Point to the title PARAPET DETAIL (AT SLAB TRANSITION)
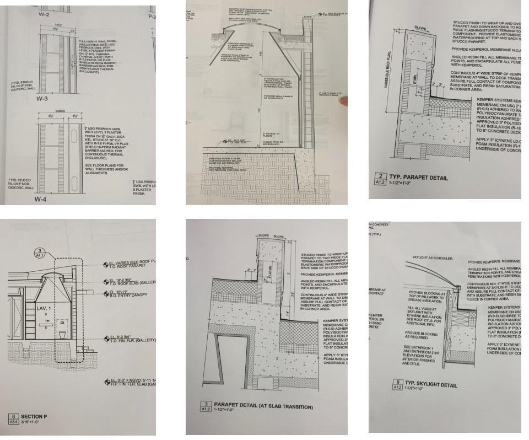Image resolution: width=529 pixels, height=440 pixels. click(x=263, y=407)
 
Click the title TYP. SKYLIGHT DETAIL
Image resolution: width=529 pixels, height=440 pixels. click(x=431, y=384)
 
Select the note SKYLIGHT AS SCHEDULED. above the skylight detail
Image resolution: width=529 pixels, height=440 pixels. click(x=433, y=257)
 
